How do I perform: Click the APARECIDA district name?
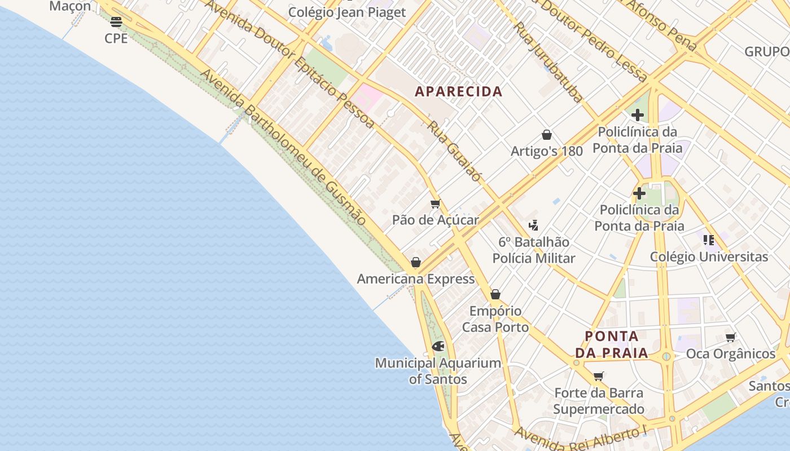click(458, 91)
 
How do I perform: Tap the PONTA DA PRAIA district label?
click(612, 344)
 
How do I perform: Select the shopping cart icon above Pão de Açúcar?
click(435, 204)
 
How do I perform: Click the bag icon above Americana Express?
click(416, 262)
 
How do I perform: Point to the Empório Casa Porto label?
click(495, 319)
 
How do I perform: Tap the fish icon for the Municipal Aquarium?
click(438, 346)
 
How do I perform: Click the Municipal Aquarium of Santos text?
click(438, 371)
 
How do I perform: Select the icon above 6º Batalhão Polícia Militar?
click(533, 225)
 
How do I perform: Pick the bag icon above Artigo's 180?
click(546, 135)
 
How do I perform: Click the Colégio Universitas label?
click(709, 257)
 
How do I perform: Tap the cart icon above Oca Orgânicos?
click(731, 337)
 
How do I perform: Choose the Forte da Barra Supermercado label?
click(599, 401)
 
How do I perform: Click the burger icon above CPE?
click(116, 22)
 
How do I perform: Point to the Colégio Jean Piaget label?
click(347, 12)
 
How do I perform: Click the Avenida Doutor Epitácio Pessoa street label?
click(289, 63)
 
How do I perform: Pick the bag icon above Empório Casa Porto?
click(495, 294)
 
